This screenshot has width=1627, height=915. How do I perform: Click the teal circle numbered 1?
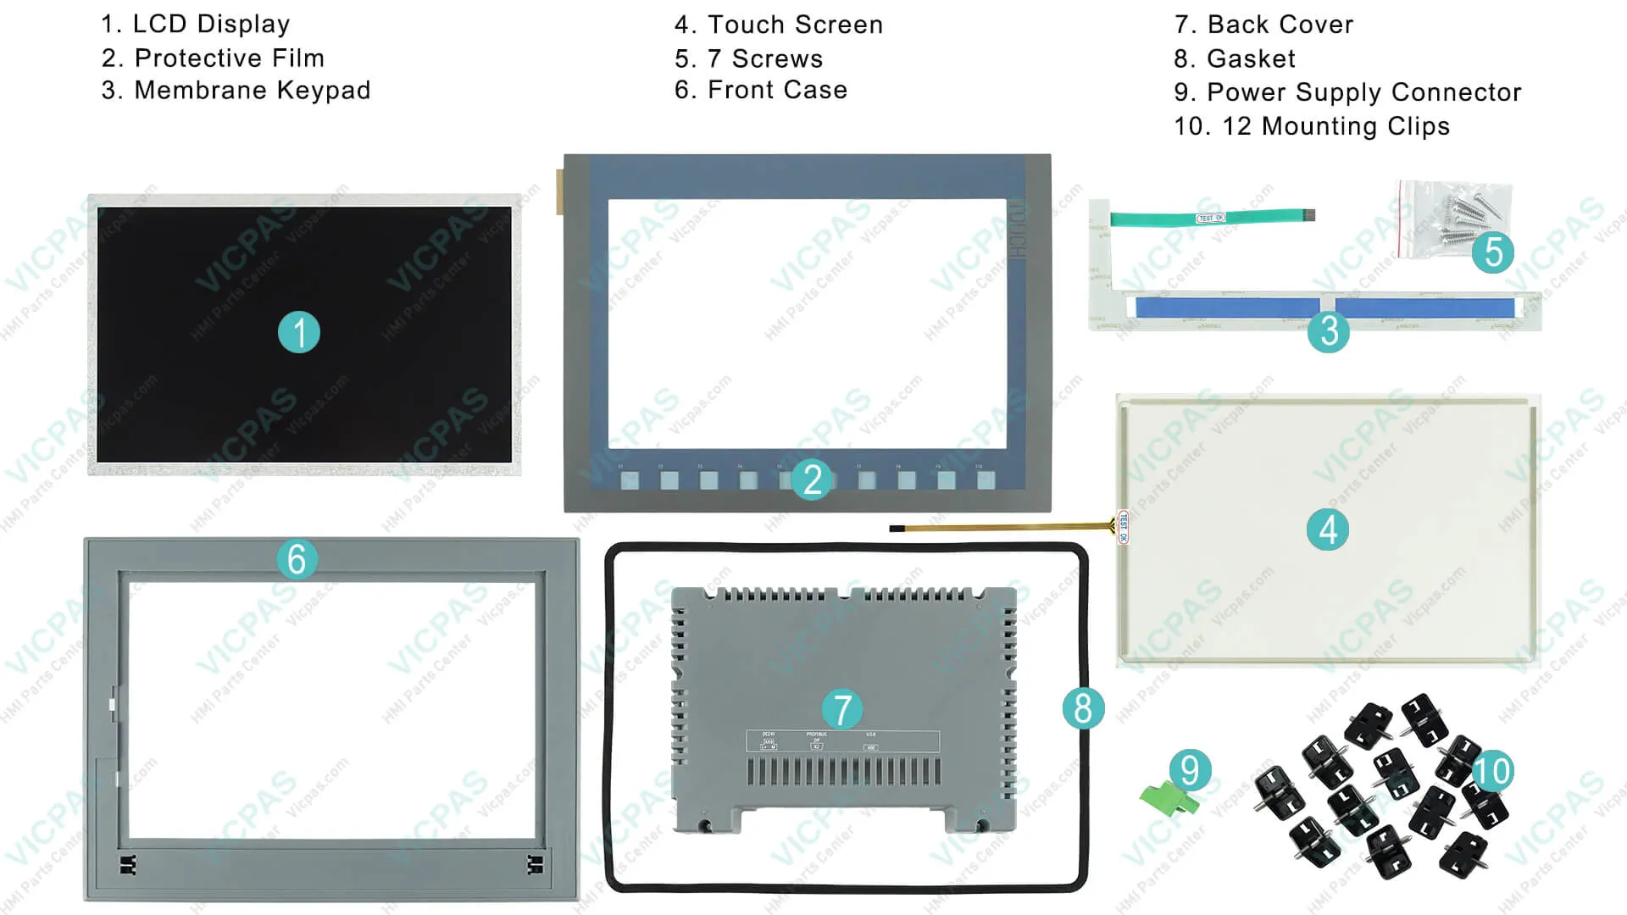(x=298, y=332)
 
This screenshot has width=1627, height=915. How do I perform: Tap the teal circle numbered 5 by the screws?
(x=1492, y=252)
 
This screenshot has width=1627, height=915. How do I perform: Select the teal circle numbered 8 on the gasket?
(x=1082, y=708)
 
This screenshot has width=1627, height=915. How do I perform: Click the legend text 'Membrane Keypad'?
(x=252, y=91)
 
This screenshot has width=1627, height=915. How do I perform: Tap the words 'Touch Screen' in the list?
(x=795, y=25)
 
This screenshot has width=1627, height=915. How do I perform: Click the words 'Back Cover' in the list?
(x=1280, y=25)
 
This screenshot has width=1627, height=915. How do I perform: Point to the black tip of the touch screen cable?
(x=897, y=529)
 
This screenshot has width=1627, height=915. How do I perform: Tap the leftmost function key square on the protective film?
(x=630, y=481)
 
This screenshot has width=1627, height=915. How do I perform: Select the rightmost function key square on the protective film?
(x=986, y=481)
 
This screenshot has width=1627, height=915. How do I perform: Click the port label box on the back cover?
(x=842, y=741)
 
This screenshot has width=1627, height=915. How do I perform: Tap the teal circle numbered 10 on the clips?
(x=1491, y=771)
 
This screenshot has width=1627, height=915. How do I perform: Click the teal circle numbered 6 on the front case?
(x=297, y=559)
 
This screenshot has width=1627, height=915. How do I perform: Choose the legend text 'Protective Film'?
(x=229, y=58)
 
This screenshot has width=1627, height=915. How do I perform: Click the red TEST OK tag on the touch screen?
(x=1123, y=526)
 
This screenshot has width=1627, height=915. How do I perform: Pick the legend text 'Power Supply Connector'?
(x=1363, y=92)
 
